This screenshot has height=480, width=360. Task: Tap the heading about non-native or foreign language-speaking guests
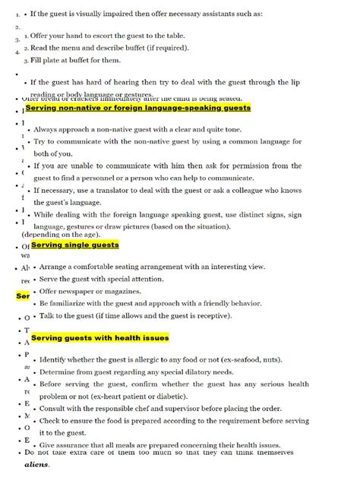[137, 109]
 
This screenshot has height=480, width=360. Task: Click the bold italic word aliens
[36, 464]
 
